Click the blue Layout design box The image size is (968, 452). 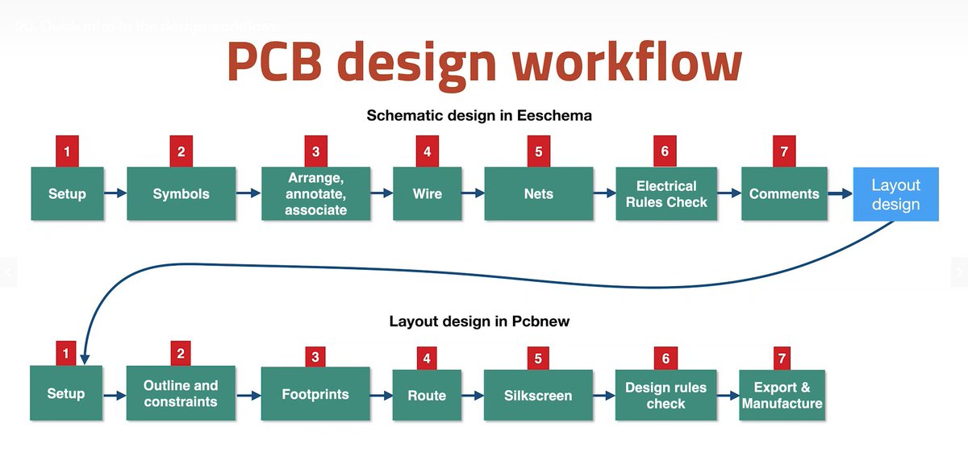click(895, 194)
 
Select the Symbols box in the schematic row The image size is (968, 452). click(181, 194)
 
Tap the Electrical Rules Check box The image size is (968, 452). click(665, 194)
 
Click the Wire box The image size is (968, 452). click(427, 194)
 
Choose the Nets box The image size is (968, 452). click(538, 194)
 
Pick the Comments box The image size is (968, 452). click(784, 194)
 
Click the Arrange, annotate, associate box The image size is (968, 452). click(315, 194)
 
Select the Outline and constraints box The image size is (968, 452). click(181, 393)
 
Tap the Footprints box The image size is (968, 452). click(315, 394)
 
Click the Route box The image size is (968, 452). click(427, 395)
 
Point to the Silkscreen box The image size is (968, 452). click(538, 395)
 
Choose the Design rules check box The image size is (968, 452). click(665, 395)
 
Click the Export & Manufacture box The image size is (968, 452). click(782, 395)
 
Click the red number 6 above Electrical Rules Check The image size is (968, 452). click(665, 151)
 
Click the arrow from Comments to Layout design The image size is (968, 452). click(840, 194)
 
